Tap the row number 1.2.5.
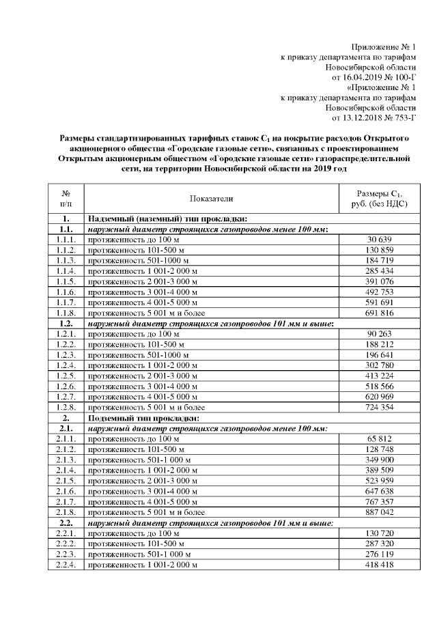point(66,376)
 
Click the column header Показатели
point(212,199)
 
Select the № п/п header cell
point(66,199)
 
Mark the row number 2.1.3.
point(66,459)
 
